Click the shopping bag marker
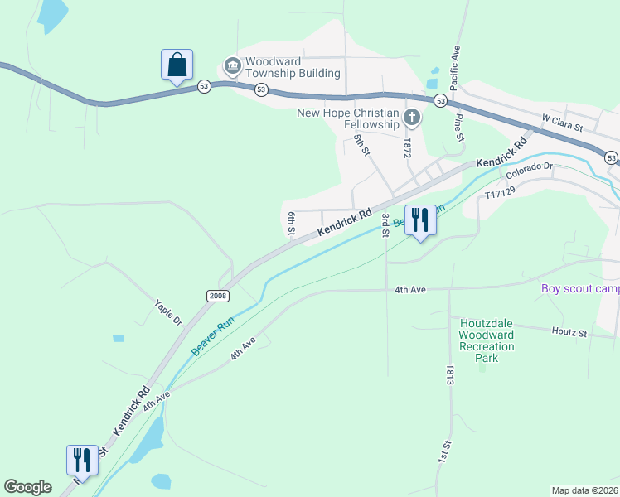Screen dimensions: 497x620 point(177,65)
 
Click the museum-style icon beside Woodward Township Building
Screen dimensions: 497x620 point(231,65)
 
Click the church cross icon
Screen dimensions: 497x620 point(411,117)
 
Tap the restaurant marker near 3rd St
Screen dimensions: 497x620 point(420,220)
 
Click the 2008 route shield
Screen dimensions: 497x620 point(218,296)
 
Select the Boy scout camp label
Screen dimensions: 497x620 point(580,289)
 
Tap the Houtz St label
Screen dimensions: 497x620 point(569,332)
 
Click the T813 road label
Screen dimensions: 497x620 point(450,375)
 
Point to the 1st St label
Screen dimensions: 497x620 point(445,451)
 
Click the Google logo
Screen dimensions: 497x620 point(27,487)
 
